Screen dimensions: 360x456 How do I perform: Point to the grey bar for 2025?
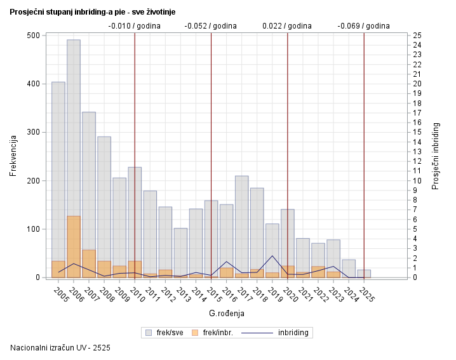pyautogui.click(x=364, y=274)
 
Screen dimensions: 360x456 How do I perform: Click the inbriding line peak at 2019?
pyautogui.click(x=272, y=256)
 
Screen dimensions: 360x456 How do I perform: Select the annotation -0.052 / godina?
pyautogui.click(x=210, y=26)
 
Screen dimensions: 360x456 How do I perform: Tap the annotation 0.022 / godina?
pyautogui.click(x=287, y=26)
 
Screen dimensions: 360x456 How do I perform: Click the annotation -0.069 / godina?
pyautogui.click(x=363, y=26)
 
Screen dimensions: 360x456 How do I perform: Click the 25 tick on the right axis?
pyautogui.click(x=417, y=35)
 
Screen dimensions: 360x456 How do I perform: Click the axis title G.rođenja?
pyautogui.click(x=226, y=314)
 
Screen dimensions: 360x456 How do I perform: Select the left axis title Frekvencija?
pyautogui.click(x=13, y=156)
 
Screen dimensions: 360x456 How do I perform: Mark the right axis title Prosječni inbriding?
pyautogui.click(x=436, y=156)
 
